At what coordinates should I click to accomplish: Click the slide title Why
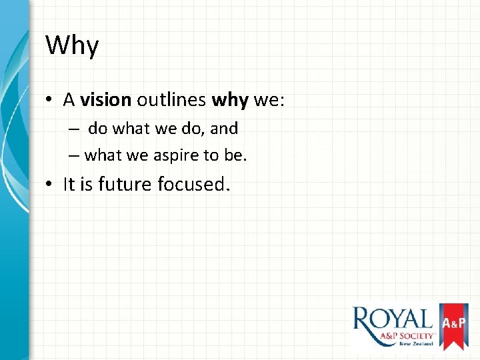[72, 46]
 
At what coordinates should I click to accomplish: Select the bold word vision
[106, 100]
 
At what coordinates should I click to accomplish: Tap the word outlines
[171, 100]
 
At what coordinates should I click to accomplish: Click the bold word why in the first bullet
[230, 100]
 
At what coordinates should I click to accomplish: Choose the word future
[125, 185]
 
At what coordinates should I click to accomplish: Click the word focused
[194, 185]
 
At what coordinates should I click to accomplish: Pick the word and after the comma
[224, 128]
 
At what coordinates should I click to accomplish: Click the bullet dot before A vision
[50, 101]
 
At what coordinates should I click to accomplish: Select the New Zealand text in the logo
[416, 343]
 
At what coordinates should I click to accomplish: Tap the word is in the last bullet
[87, 185]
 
